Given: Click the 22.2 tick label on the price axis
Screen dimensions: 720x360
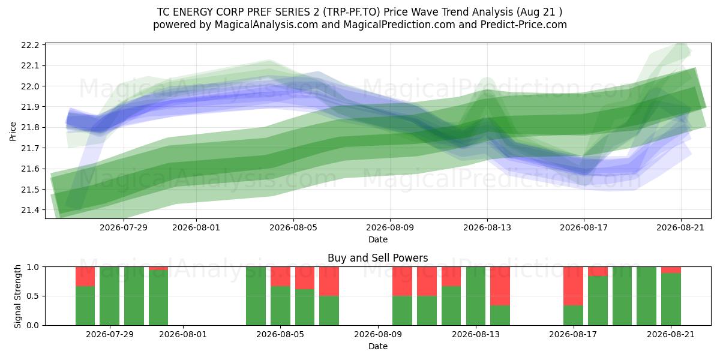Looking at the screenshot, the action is coord(30,45).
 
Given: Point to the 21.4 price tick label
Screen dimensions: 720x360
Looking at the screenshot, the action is coord(30,210).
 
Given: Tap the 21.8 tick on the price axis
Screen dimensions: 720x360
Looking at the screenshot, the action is coord(30,128).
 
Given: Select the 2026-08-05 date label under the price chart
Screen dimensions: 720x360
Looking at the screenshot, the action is coord(293,227).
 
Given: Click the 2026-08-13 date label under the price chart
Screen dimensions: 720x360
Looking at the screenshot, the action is coord(487,227).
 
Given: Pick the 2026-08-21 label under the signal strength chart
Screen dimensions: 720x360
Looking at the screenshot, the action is coord(671,334).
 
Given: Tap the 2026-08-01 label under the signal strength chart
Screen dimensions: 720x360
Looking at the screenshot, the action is coord(183,334).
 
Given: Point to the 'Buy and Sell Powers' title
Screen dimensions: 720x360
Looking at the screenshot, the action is coord(377,258).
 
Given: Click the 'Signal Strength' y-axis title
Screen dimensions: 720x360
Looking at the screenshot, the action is coord(17,296).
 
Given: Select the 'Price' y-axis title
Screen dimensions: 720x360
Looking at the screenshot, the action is coord(13,131).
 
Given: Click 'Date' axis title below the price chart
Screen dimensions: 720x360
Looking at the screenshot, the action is coord(377,239).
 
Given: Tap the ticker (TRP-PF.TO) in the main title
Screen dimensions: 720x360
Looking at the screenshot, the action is coord(352,12).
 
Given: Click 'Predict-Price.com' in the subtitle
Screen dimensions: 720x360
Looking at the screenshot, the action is coord(524,25).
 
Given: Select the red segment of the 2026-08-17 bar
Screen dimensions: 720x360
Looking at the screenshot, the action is coord(573,286).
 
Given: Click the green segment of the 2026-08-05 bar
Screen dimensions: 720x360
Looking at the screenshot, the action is coord(280,305).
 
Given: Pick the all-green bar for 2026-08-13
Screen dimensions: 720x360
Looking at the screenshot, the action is coord(476,296).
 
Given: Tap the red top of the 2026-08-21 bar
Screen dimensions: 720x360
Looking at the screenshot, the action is coord(671,270).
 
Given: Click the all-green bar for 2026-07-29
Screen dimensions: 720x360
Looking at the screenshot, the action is coord(110,296).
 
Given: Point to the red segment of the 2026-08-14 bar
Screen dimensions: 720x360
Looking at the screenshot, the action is coord(500,286).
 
